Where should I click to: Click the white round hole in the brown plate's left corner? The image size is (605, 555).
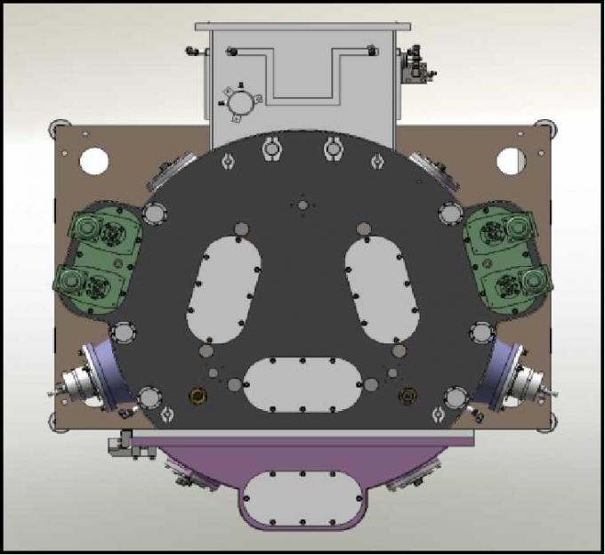coord(93,161)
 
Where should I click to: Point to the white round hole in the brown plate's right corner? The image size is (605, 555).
coord(512,161)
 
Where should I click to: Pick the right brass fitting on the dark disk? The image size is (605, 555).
coord(408,394)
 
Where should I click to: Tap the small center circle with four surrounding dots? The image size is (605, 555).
coord(302,205)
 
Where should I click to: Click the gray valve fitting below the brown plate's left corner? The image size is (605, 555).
coord(120,445)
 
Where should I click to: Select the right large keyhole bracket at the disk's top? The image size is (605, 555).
coord(334,149)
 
